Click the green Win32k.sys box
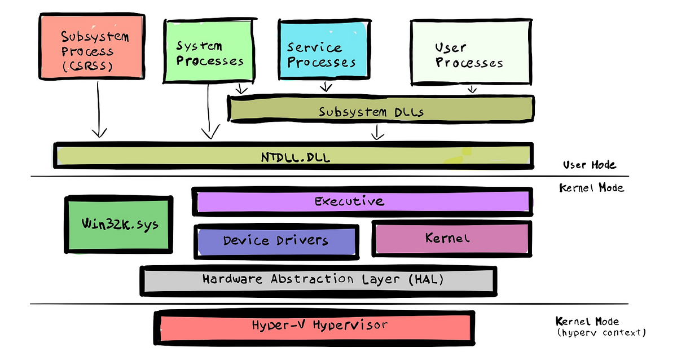click(119, 225)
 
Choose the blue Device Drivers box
click(276, 241)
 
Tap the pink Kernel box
click(451, 238)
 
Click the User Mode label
click(589, 165)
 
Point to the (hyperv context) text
click(600, 333)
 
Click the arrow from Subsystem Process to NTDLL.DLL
click(99, 110)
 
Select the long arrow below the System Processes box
click(209, 110)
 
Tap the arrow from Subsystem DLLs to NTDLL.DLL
click(377, 131)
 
